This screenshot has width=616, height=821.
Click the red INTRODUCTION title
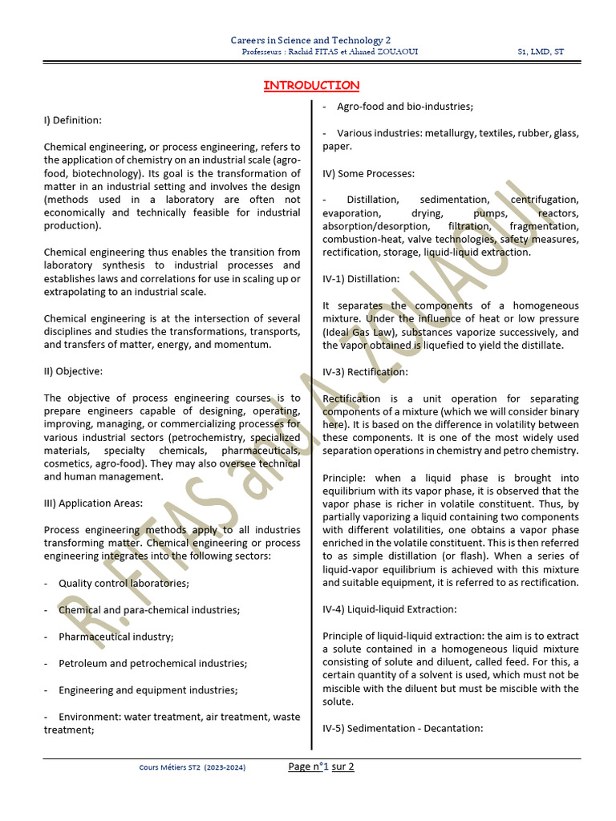[x=311, y=86]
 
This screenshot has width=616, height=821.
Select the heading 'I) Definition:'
[x=73, y=120]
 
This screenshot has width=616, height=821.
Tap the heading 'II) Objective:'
[x=75, y=371]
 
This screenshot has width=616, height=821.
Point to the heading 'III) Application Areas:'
[x=93, y=504]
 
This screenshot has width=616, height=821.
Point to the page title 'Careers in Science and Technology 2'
[x=310, y=40]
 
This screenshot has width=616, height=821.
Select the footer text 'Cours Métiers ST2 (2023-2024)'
[x=192, y=767]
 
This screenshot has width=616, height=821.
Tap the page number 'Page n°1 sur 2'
[x=321, y=766]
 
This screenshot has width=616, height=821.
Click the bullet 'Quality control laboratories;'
[x=124, y=583]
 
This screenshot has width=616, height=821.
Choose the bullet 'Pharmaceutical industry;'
[x=115, y=637]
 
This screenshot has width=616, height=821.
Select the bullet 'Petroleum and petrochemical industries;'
[x=152, y=663]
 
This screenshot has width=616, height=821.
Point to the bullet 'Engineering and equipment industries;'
[x=148, y=690]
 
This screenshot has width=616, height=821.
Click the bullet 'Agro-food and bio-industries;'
[x=405, y=107]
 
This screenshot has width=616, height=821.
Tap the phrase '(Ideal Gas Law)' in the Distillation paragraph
[x=359, y=332]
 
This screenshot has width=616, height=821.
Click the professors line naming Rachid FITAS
[x=330, y=52]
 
